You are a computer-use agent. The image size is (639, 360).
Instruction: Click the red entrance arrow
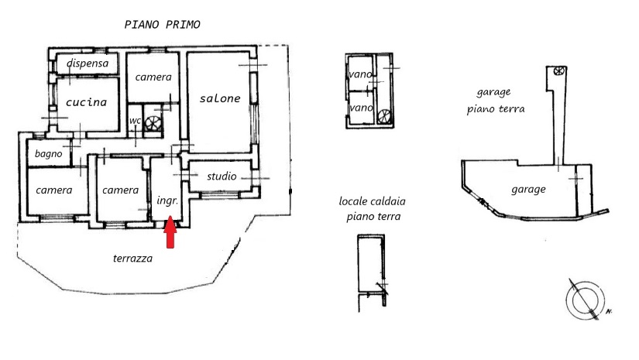(x=170, y=232)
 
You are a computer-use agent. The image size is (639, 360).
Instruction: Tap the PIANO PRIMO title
(x=162, y=25)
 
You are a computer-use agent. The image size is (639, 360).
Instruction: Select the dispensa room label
(x=88, y=63)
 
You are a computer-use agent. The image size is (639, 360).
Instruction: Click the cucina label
(x=87, y=102)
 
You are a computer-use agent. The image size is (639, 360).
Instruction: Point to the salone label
(x=220, y=98)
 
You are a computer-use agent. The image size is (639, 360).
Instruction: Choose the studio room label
(x=222, y=176)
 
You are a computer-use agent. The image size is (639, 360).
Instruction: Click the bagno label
(x=49, y=153)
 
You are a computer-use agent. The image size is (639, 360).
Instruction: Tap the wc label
(x=135, y=121)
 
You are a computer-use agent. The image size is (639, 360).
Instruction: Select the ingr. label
(x=167, y=201)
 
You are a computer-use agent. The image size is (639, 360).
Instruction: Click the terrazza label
(x=133, y=258)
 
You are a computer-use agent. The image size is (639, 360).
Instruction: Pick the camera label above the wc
(x=153, y=77)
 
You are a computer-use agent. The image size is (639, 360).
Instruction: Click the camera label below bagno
(x=53, y=190)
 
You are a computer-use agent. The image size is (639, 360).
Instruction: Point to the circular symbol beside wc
(x=153, y=123)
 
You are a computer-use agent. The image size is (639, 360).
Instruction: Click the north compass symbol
(x=586, y=300)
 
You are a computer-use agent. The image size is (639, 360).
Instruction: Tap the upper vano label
(x=360, y=74)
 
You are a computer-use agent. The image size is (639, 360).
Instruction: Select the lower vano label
(x=361, y=108)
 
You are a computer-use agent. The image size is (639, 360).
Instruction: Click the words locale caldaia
(x=372, y=201)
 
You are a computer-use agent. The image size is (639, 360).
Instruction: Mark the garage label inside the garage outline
(x=528, y=190)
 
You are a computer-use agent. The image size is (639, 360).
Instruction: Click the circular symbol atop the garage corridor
(x=558, y=71)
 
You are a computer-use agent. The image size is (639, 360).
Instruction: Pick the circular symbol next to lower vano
(x=384, y=116)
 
